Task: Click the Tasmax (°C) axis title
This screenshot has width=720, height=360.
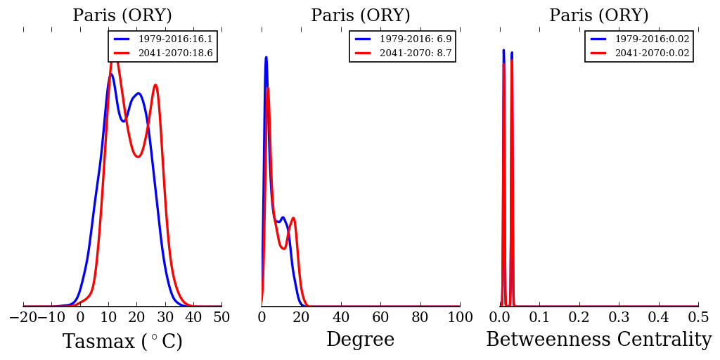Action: pyautogui.click(x=122, y=342)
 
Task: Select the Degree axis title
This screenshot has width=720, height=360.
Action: pyautogui.click(x=360, y=340)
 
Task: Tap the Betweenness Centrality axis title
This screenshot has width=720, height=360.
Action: pyautogui.click(x=598, y=340)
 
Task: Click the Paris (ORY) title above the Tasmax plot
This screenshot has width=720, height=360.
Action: pyautogui.click(x=122, y=16)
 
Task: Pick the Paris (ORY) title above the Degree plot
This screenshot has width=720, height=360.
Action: pyautogui.click(x=360, y=16)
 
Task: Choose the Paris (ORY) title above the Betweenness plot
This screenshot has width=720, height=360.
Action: pyautogui.click(x=598, y=16)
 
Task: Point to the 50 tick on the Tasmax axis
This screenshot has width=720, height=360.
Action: pyautogui.click(x=221, y=318)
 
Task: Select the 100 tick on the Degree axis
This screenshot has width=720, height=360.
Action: pyautogui.click(x=460, y=318)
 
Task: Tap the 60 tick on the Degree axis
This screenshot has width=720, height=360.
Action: pyautogui.click(x=380, y=318)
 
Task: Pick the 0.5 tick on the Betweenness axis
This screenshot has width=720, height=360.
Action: pyautogui.click(x=698, y=318)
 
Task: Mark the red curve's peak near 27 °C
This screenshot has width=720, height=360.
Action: pyautogui.click(x=155, y=85)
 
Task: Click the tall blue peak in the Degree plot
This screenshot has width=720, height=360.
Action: pyautogui.click(x=266, y=57)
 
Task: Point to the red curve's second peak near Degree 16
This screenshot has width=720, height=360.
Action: pyautogui.click(x=293, y=218)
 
